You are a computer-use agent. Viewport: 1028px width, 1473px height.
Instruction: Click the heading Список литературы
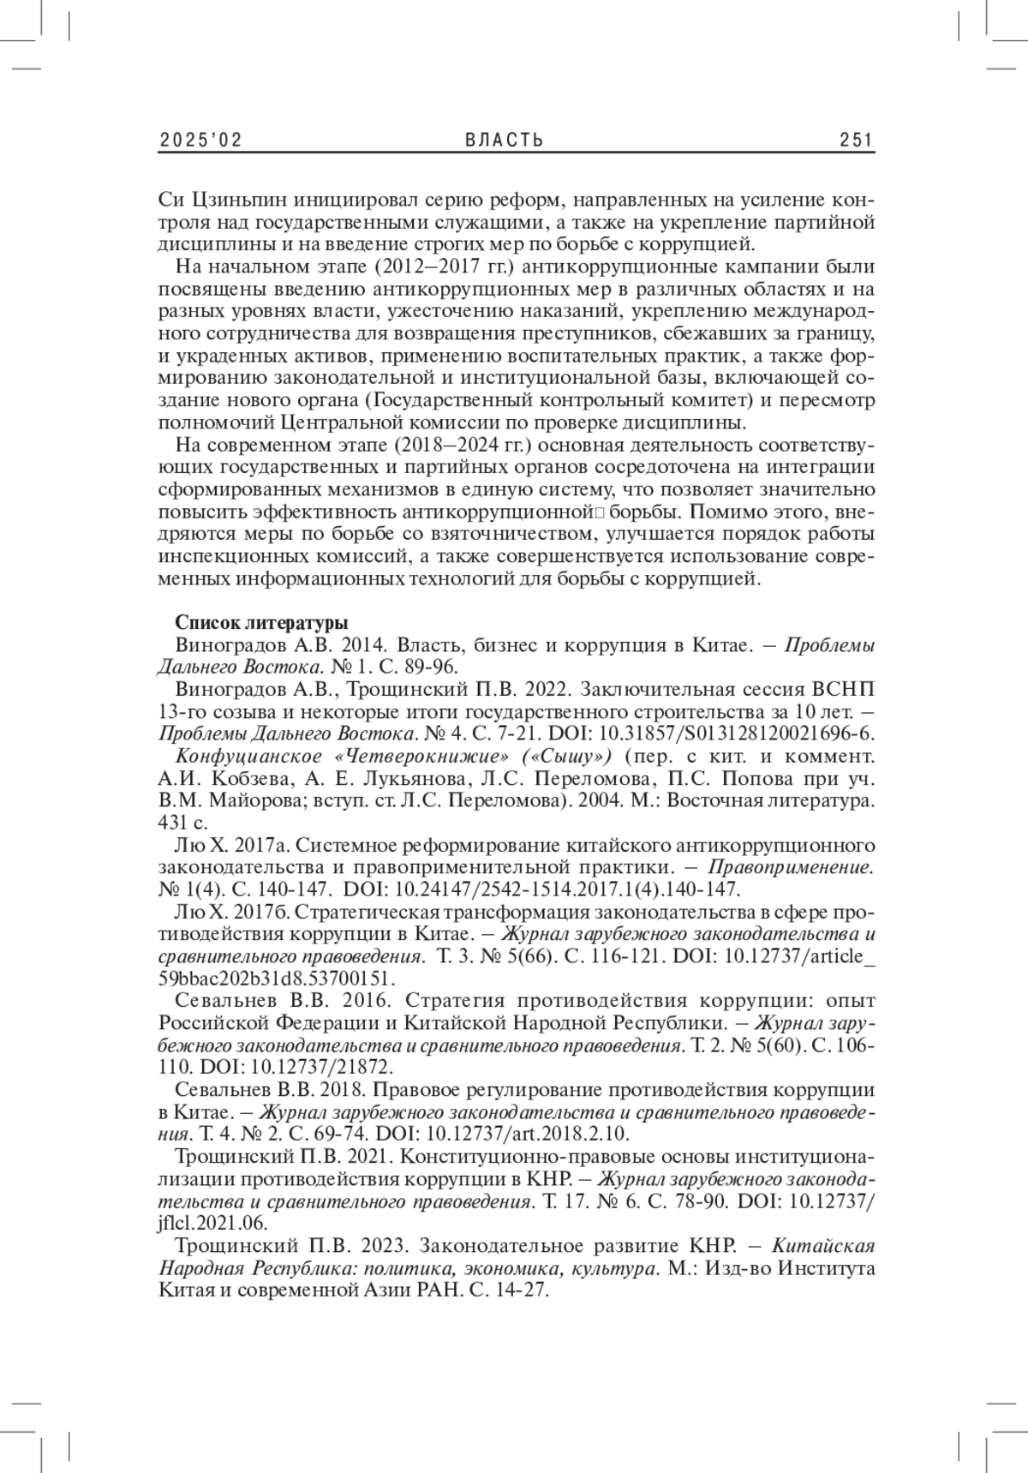click(x=260, y=623)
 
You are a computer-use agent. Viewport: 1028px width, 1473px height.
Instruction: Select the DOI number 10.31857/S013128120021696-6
click(x=737, y=734)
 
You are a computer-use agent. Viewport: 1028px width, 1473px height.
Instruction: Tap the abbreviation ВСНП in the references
click(x=846, y=691)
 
